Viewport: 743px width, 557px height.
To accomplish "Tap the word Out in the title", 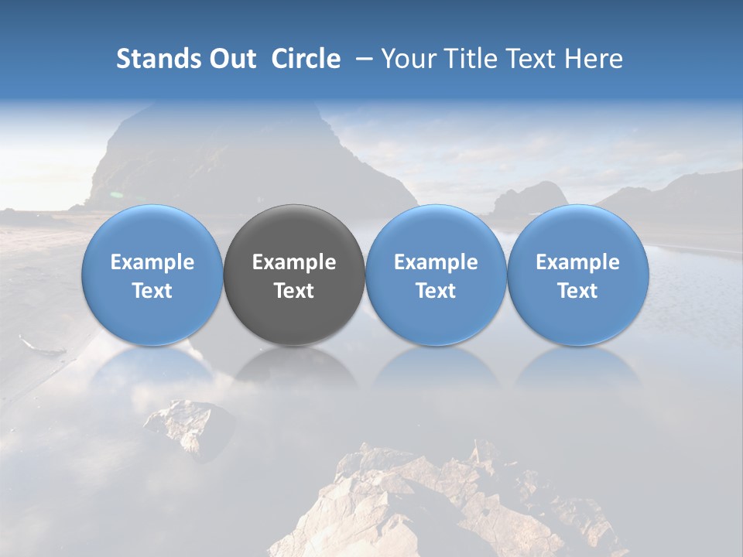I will coord(230,59).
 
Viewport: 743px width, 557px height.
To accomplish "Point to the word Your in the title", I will coord(406,59).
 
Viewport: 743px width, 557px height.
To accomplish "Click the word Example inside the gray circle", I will coord(294,262).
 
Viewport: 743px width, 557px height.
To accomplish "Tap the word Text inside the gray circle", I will coord(294,291).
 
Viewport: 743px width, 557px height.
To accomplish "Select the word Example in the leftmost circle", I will coord(152,262).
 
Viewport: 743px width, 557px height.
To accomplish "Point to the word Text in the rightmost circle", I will coord(577,291).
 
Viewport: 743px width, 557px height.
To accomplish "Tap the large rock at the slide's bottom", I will coord(433,503).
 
